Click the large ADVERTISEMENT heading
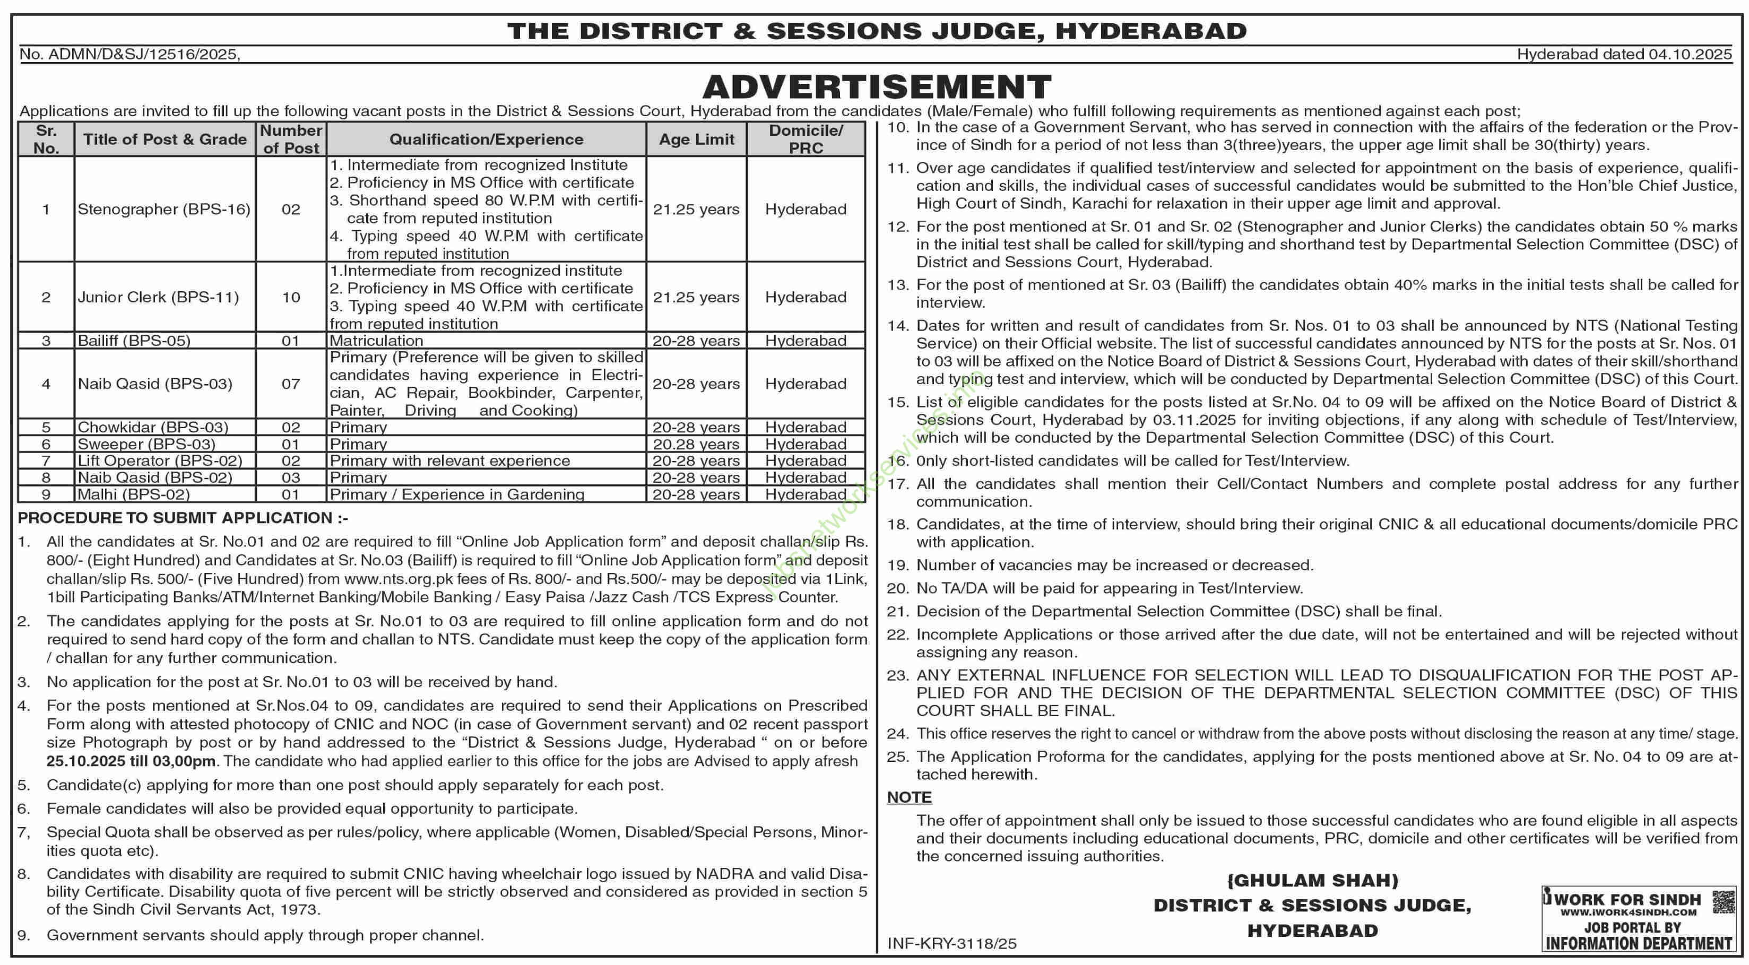coord(877,87)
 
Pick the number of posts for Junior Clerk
coord(291,297)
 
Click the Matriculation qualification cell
coord(376,341)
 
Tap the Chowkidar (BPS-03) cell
coord(153,428)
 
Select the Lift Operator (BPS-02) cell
coord(160,461)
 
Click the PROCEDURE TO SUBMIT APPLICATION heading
coord(183,518)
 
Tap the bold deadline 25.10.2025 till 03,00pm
coord(131,761)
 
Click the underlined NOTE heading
coord(909,797)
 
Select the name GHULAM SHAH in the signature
coord(1312,881)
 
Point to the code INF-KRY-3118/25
coord(952,943)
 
